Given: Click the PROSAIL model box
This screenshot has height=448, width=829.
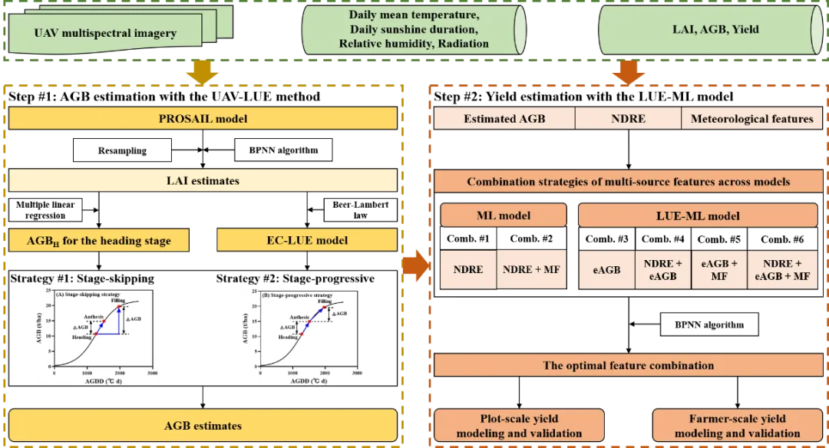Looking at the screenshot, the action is [x=203, y=119].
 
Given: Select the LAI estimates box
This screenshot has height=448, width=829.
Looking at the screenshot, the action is [x=203, y=181].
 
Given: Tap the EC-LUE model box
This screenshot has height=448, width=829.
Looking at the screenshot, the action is [x=307, y=240].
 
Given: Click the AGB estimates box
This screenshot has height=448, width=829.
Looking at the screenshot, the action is [x=203, y=425].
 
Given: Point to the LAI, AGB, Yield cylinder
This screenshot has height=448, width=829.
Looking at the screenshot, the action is [x=710, y=30].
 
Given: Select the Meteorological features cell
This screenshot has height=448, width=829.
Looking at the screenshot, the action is [x=751, y=119].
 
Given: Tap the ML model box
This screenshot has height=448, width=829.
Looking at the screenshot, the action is [x=504, y=216].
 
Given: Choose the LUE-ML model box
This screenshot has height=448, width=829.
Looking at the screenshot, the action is [x=697, y=216].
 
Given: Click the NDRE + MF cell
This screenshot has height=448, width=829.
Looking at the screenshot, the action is [x=531, y=270].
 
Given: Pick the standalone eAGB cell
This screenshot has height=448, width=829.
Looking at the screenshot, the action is [x=606, y=270].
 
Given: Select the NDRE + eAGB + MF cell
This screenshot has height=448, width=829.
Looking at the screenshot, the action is [x=783, y=270].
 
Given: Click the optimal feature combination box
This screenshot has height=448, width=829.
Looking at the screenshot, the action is [x=628, y=365].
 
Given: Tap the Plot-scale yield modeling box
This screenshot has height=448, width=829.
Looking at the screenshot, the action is [x=519, y=426].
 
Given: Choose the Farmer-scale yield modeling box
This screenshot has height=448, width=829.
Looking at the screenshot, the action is [x=737, y=426].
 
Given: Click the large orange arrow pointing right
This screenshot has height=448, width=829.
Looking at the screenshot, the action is [x=415, y=262].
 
